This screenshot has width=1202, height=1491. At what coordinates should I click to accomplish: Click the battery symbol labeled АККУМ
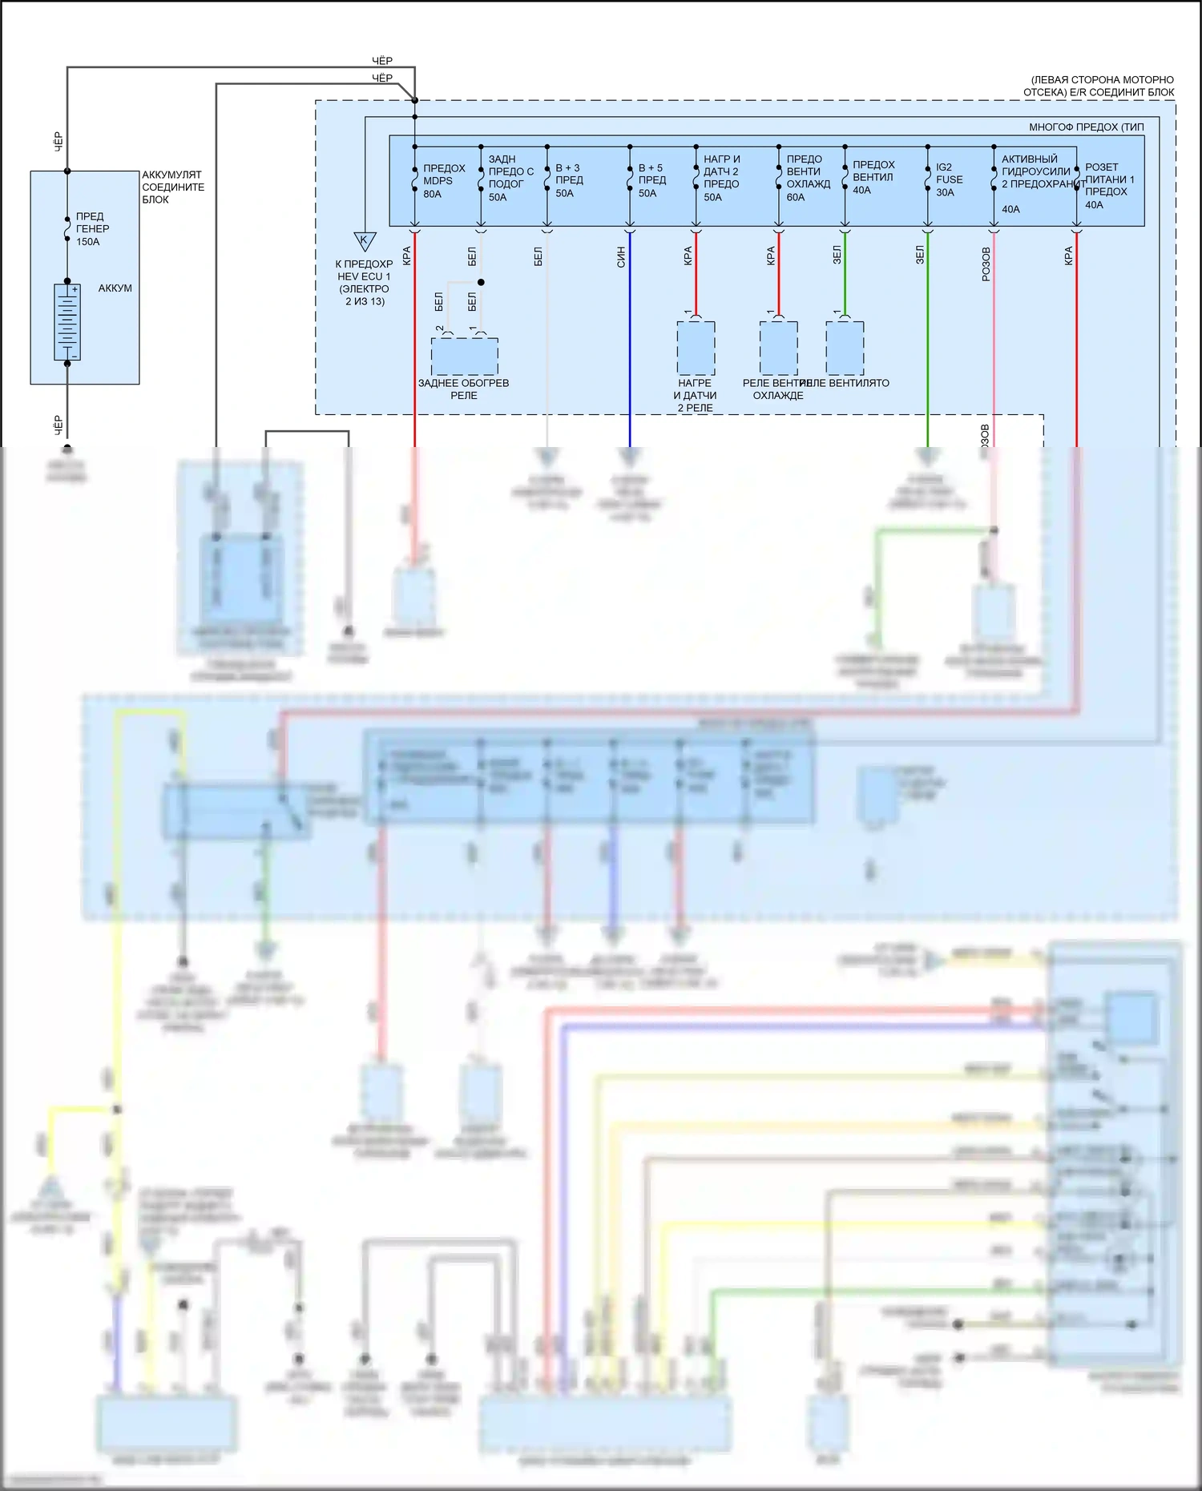point(67,322)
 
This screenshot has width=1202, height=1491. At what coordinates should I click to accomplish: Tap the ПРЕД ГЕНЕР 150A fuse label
point(92,228)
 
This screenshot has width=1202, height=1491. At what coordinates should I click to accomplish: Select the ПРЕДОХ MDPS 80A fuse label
point(443,180)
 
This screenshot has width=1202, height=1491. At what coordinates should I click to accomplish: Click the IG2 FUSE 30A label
point(949,179)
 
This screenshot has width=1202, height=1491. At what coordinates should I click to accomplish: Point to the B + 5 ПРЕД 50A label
point(651,180)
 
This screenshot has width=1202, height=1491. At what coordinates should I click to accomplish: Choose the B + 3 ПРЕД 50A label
point(568,180)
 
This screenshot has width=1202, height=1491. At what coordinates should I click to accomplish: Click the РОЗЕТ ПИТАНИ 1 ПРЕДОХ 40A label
point(1108,186)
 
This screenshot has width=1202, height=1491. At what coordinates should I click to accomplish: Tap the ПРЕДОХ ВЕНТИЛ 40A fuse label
point(873,177)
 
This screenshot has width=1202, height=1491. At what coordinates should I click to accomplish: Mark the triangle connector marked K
point(365,241)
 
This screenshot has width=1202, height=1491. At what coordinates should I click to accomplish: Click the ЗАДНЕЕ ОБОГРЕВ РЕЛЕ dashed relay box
point(464,356)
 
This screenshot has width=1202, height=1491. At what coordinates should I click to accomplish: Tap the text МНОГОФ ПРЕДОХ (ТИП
point(1086,127)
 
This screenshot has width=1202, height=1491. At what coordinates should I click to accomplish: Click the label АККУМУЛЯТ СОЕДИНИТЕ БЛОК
point(172,187)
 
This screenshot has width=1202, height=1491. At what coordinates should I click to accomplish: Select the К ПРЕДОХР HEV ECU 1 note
point(364,283)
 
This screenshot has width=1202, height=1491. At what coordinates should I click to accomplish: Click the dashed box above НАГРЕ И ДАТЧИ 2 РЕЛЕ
point(696,348)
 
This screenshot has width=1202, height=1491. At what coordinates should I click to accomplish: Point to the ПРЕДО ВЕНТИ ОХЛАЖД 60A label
point(807,178)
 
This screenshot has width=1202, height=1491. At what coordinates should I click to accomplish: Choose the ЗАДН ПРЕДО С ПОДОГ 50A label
point(510,178)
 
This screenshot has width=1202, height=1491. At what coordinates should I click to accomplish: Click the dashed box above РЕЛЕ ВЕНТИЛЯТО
point(845,348)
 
